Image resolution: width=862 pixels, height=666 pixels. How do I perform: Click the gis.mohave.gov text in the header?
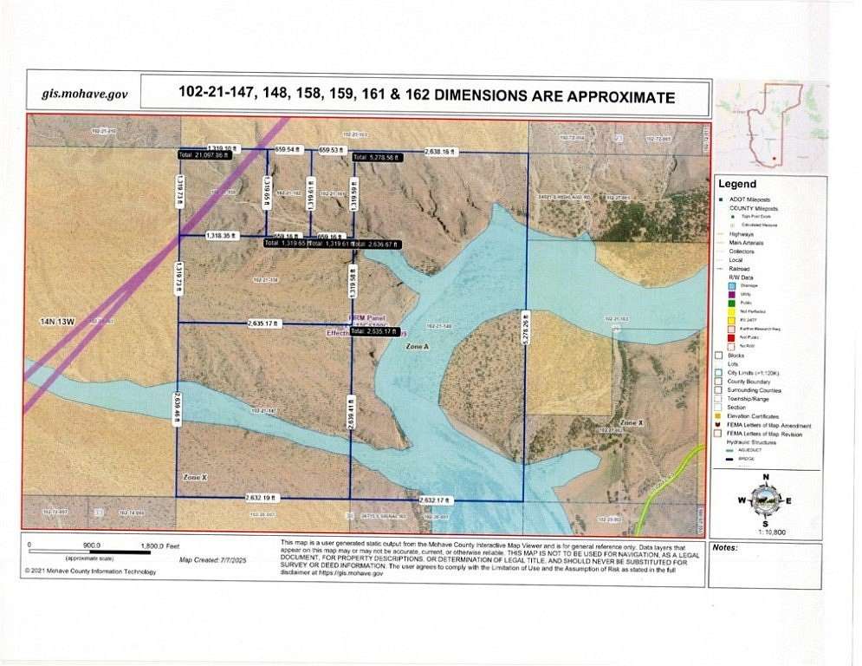85,95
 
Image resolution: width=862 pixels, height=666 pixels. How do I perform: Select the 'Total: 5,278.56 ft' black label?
376,157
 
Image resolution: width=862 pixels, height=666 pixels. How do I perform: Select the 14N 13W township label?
59,321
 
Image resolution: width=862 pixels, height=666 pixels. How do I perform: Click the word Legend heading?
736,184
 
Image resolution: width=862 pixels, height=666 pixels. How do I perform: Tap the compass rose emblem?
765,499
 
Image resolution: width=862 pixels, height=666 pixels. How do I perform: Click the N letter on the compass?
765,477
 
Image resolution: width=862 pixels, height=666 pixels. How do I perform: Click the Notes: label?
724,548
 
